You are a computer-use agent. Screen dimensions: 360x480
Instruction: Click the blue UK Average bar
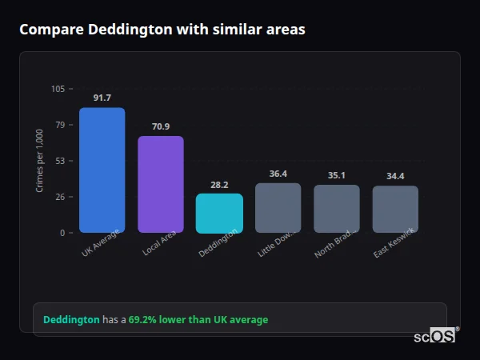point(102,170)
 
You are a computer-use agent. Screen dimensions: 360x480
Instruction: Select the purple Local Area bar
point(160,184)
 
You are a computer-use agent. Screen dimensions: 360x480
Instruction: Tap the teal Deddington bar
point(219,213)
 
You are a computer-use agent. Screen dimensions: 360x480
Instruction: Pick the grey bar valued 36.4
point(278,208)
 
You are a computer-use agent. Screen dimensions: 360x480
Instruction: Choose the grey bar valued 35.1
point(336,209)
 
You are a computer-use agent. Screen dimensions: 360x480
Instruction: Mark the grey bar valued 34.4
point(395,210)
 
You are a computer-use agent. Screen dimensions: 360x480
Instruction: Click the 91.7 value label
point(102,98)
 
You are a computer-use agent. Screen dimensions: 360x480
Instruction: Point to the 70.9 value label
point(160,126)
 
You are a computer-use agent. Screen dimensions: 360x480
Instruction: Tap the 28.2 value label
point(219,184)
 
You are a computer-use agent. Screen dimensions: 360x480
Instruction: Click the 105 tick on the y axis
point(58,89)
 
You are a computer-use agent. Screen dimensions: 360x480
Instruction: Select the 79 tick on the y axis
point(59,125)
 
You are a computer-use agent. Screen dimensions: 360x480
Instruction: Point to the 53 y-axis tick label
point(59,161)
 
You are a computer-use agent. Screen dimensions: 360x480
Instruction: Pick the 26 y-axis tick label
point(59,197)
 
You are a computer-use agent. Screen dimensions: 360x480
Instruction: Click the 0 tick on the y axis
point(62,233)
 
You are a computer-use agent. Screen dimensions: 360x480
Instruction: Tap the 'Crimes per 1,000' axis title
point(39,161)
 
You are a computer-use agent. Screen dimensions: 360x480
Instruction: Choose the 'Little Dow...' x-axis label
point(276,243)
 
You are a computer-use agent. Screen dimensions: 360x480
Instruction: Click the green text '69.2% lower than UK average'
point(198,320)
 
